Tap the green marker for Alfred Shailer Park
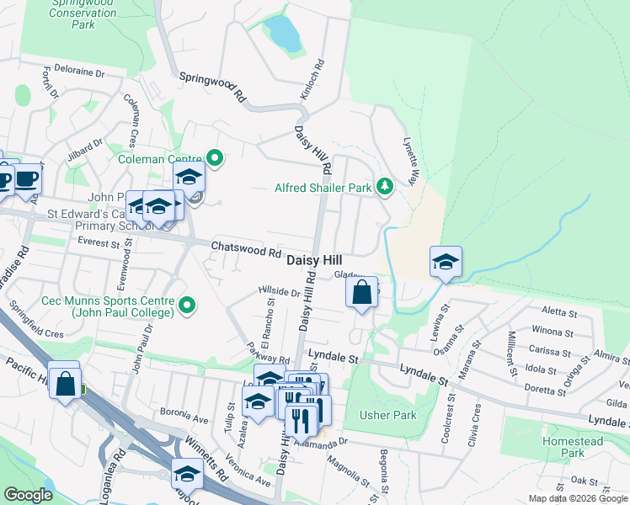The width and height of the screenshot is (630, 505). (385, 186)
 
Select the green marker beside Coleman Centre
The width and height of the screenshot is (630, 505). (215, 157)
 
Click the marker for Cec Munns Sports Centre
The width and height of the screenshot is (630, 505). (188, 304)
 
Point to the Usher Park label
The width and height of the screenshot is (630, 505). (387, 415)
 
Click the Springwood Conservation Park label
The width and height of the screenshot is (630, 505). (83, 14)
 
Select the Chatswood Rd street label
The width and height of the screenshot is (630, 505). (246, 251)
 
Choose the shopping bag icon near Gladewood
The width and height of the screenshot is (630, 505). (361, 294)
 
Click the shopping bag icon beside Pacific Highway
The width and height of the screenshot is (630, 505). (65, 383)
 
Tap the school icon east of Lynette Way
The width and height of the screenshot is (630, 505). (445, 262)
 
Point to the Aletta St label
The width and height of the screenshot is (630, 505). (559, 312)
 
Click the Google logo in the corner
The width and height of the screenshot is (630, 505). (29, 495)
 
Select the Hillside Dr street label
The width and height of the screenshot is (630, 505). (279, 291)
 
